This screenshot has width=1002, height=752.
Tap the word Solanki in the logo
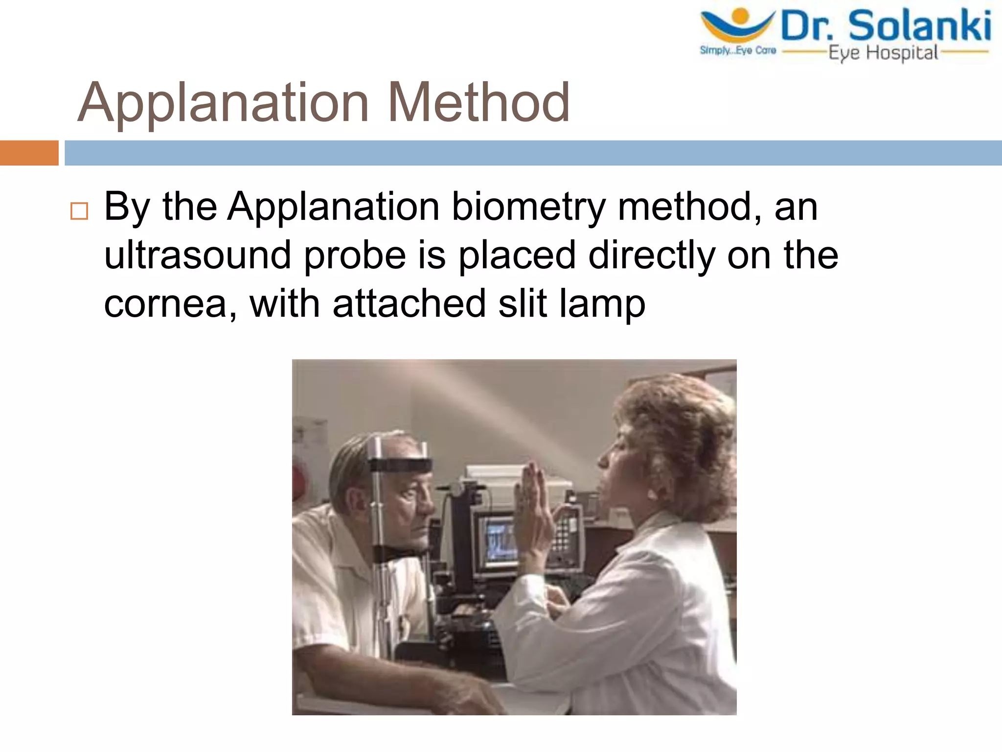pyautogui.click(x=919, y=26)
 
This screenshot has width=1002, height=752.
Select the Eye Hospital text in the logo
pyautogui.click(x=883, y=53)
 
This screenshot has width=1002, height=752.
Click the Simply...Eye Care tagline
pyautogui.click(x=738, y=50)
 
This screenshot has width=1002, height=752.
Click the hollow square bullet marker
pyautogui.click(x=79, y=211)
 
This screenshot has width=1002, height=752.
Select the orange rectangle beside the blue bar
pyautogui.click(x=29, y=153)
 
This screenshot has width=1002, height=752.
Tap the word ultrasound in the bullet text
pyautogui.click(x=198, y=256)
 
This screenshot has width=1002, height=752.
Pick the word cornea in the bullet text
pyautogui.click(x=166, y=304)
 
